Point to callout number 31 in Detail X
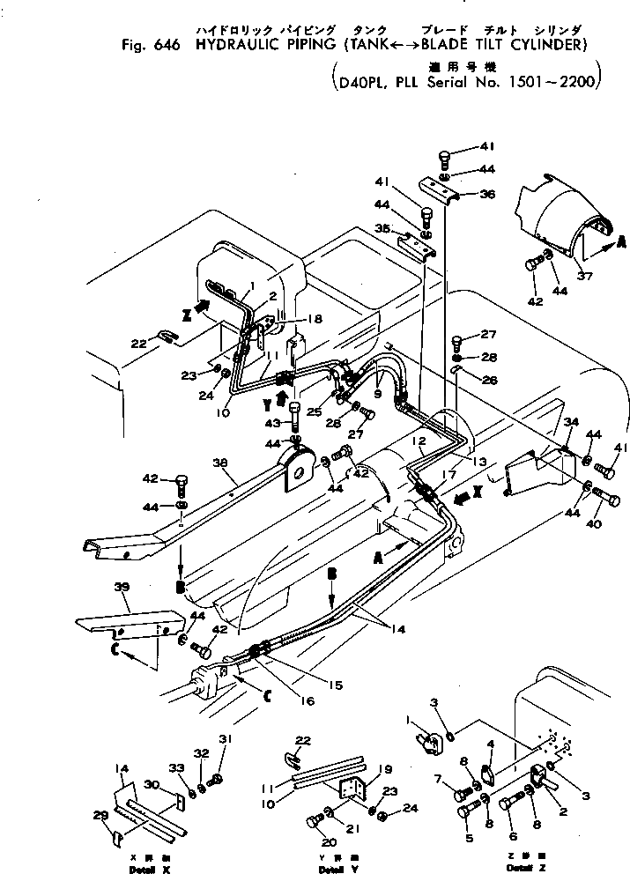click(x=225, y=737)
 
